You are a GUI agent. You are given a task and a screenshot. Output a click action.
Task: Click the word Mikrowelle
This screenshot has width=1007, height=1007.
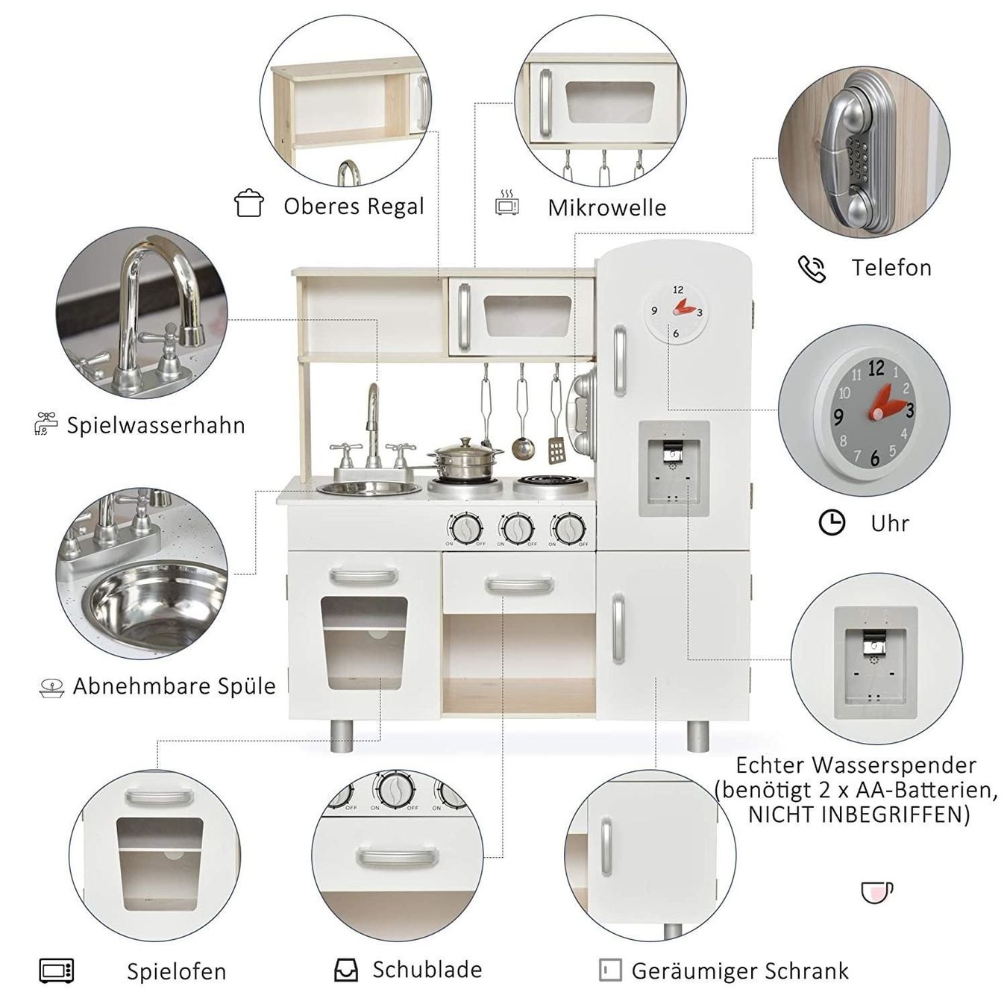click(x=606, y=207)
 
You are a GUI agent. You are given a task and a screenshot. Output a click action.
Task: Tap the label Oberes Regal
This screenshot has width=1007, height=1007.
click(x=354, y=206)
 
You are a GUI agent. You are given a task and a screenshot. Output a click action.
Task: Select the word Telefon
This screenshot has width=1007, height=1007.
click(x=891, y=268)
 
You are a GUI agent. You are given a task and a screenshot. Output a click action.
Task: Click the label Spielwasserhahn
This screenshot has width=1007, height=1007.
click(x=156, y=425)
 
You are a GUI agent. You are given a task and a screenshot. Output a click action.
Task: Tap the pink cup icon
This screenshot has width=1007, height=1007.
click(x=877, y=893)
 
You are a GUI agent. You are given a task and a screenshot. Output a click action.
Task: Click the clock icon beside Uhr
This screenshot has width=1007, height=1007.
click(x=832, y=523)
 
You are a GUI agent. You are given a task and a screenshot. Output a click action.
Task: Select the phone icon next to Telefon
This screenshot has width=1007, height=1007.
click(x=812, y=269)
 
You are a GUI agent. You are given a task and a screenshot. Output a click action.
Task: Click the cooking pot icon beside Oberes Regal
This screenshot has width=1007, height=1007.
click(x=249, y=204)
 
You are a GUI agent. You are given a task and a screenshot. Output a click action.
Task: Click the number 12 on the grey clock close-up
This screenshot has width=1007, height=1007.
click(x=876, y=368)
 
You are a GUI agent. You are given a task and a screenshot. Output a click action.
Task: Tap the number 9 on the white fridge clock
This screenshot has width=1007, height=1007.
click(x=653, y=311)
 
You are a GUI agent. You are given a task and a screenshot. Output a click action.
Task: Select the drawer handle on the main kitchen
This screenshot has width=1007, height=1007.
click(x=519, y=585)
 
